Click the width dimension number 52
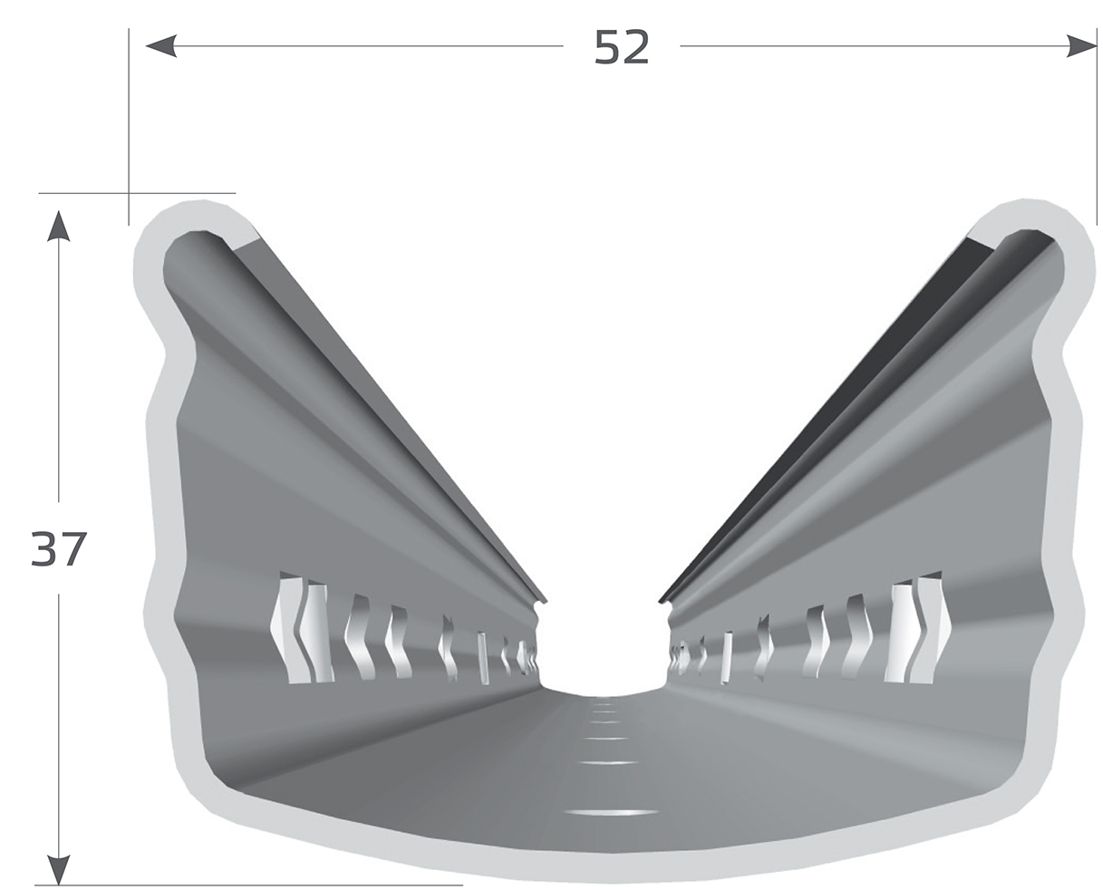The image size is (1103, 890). (x=621, y=47)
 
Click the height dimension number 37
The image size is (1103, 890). (x=58, y=548)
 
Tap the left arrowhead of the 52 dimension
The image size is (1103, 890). (x=161, y=46)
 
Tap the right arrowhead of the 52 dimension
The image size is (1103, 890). (x=1081, y=46)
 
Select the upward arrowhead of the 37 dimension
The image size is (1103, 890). (x=58, y=226)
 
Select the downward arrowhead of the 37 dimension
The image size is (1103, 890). (x=58, y=870)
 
